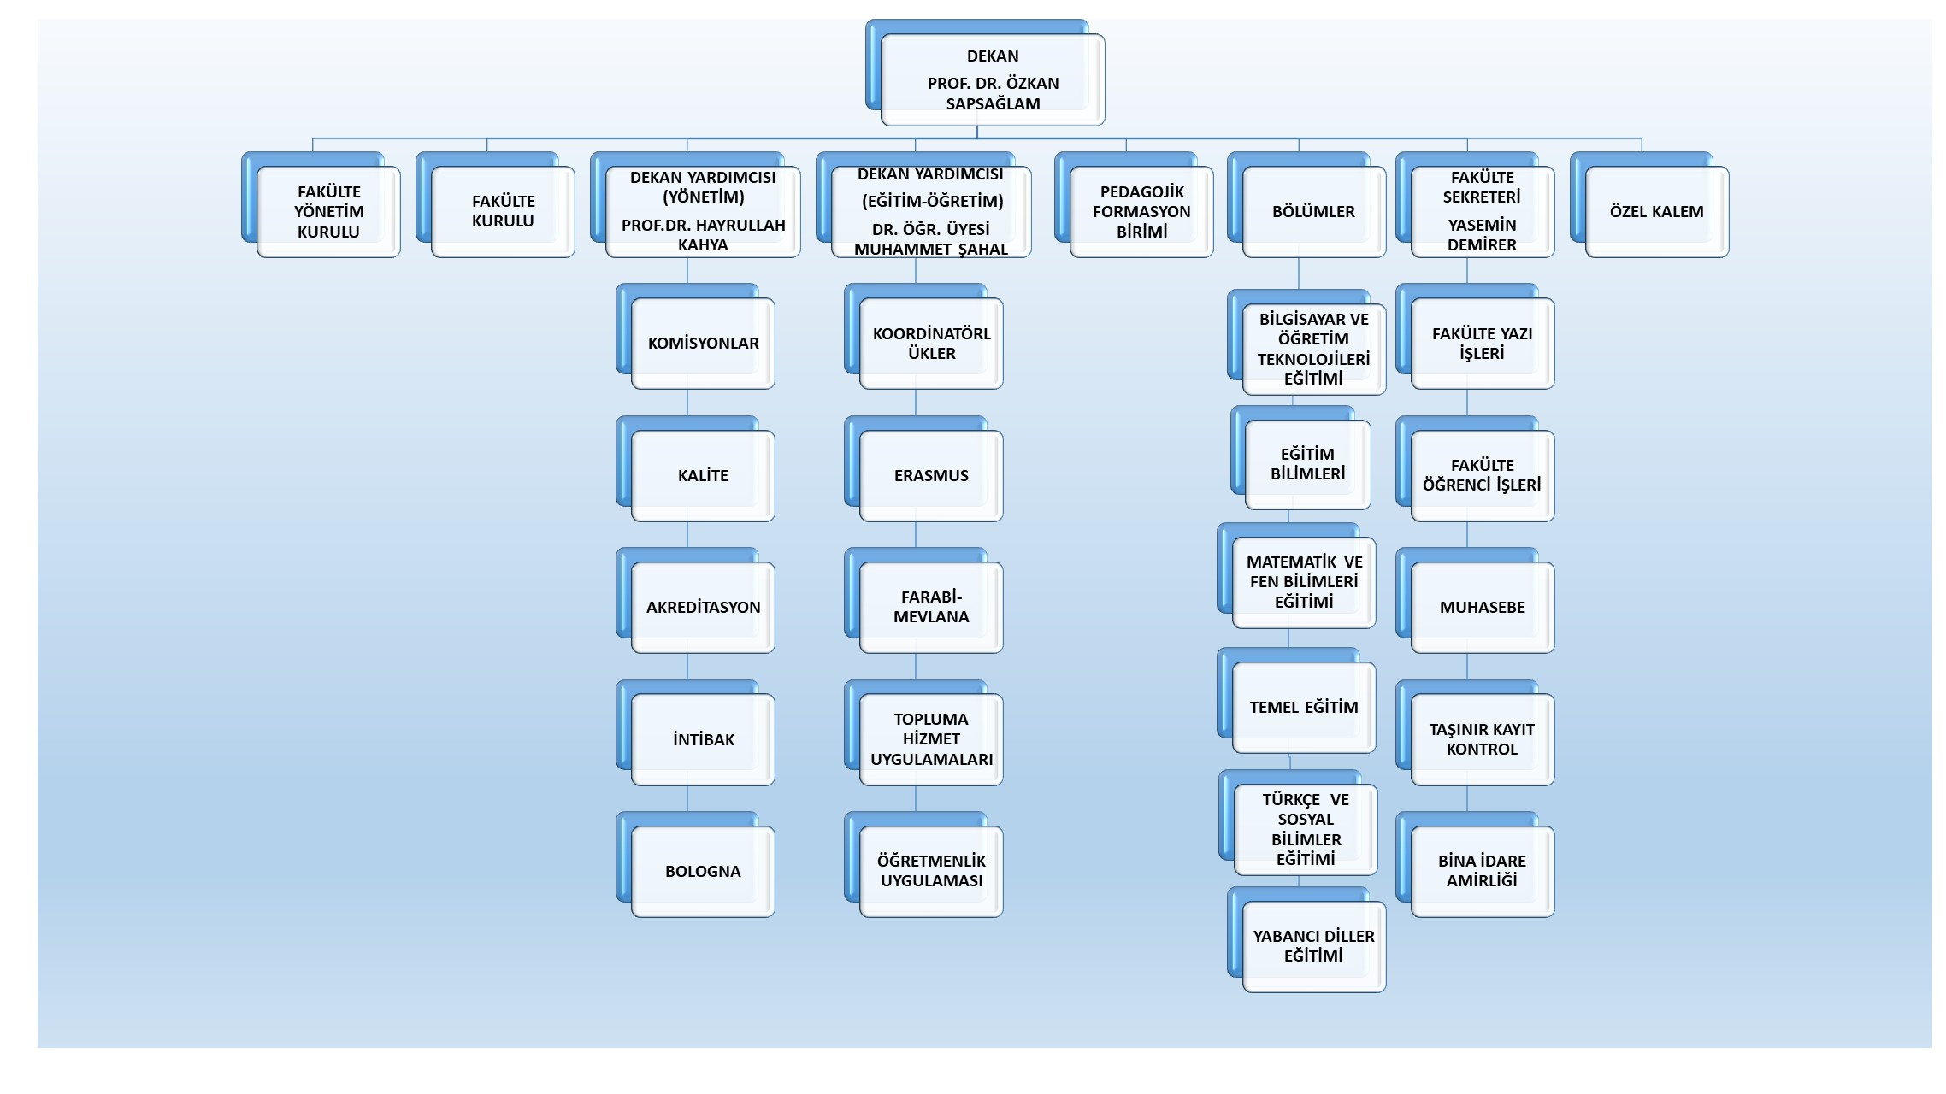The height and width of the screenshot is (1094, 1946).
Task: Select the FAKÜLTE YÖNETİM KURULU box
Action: click(x=328, y=211)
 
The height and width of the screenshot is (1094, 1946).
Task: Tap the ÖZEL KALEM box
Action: click(x=1656, y=211)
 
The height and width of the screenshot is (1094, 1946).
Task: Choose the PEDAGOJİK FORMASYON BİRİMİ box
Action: click(x=1141, y=211)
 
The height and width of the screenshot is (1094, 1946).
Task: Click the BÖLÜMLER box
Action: click(x=1313, y=211)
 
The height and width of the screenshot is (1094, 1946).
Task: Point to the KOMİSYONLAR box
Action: click(x=703, y=343)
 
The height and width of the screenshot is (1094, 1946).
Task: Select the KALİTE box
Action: click(x=703, y=475)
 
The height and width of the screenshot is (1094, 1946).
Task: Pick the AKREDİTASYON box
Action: click(x=703, y=607)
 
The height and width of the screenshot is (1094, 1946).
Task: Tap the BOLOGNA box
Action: click(x=703, y=871)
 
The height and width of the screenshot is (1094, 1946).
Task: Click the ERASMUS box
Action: click(x=931, y=475)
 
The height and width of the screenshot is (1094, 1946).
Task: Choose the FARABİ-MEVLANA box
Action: click(x=931, y=607)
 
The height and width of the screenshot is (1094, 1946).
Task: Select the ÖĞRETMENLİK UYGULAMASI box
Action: click(x=931, y=871)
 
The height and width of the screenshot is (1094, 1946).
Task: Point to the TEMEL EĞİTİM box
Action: click(x=1304, y=707)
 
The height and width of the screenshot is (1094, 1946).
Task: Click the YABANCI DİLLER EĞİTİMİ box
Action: click(x=1313, y=946)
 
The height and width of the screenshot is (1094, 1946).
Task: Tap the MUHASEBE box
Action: click(x=1482, y=607)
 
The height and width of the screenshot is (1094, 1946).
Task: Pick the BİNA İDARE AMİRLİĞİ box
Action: click(x=1482, y=871)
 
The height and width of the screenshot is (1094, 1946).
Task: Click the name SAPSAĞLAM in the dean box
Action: click(x=993, y=103)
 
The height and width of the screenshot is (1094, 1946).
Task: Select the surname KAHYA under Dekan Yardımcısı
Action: click(x=703, y=244)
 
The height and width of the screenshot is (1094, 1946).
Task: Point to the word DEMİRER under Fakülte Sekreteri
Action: click(x=1482, y=244)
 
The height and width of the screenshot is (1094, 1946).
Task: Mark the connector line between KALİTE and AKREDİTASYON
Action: click(x=687, y=535)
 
